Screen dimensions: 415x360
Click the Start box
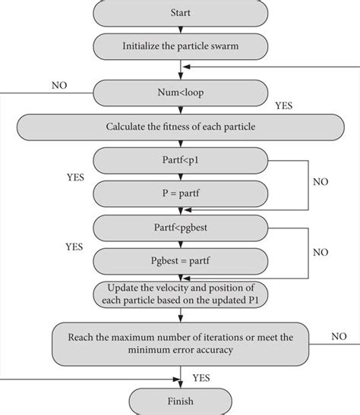click(180, 13)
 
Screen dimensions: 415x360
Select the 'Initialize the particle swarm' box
click(180, 46)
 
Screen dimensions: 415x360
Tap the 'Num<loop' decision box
click(180, 94)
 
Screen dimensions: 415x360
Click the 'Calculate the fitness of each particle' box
click(180, 126)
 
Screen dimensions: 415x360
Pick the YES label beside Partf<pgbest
click(74, 247)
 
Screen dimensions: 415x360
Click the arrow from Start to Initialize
click(180, 29)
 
